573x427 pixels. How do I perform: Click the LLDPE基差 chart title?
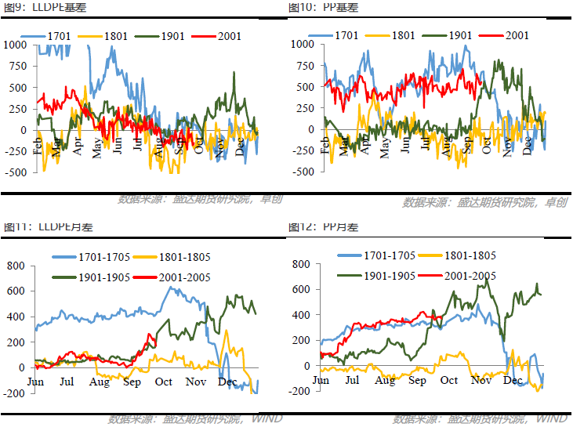[x=38, y=7]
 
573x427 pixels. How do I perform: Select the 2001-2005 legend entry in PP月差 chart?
[x=455, y=275]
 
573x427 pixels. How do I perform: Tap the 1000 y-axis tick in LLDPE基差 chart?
[x=15, y=45]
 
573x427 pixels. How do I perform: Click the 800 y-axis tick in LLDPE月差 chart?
[x=16, y=266]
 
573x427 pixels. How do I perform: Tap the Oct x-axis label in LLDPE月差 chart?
[x=164, y=382]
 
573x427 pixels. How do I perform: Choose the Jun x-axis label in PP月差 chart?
[x=321, y=380]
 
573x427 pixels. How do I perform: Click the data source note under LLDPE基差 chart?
[x=200, y=199]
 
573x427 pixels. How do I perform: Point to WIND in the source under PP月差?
[x=552, y=419]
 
